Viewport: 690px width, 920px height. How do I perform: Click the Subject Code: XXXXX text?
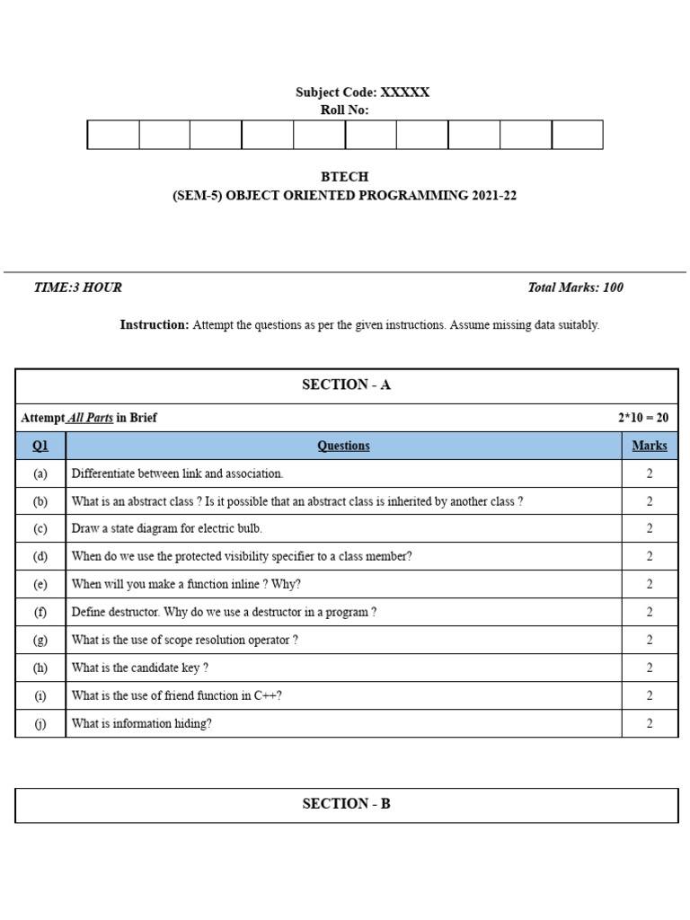pos(362,93)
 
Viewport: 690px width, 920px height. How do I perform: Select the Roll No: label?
pos(344,111)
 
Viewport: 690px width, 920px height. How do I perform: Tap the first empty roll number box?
pos(113,135)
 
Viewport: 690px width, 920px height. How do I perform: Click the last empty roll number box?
pos(577,135)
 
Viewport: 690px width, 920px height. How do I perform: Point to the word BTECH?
pos(344,177)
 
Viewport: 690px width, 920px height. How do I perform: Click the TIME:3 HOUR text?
pos(77,287)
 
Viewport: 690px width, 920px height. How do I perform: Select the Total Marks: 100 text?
pos(575,287)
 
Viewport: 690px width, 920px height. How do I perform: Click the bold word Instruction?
pos(155,325)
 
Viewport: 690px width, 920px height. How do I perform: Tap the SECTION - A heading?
pos(346,385)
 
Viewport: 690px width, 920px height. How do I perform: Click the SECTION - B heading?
pos(346,804)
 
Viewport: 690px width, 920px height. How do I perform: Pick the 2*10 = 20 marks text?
pos(642,418)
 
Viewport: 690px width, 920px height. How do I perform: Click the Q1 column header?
pos(40,446)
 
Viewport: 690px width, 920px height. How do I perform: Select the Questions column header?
pos(343,446)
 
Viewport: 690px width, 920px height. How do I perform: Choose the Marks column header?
pos(650,446)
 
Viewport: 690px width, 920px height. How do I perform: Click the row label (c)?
pos(40,529)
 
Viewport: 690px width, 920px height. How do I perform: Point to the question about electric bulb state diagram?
pos(167,529)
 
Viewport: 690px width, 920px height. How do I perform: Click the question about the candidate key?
pos(140,668)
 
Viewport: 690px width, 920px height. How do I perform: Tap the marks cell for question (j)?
pos(650,723)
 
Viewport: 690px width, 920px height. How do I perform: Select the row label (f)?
pos(40,612)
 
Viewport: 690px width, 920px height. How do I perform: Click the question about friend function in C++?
pos(177,695)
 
